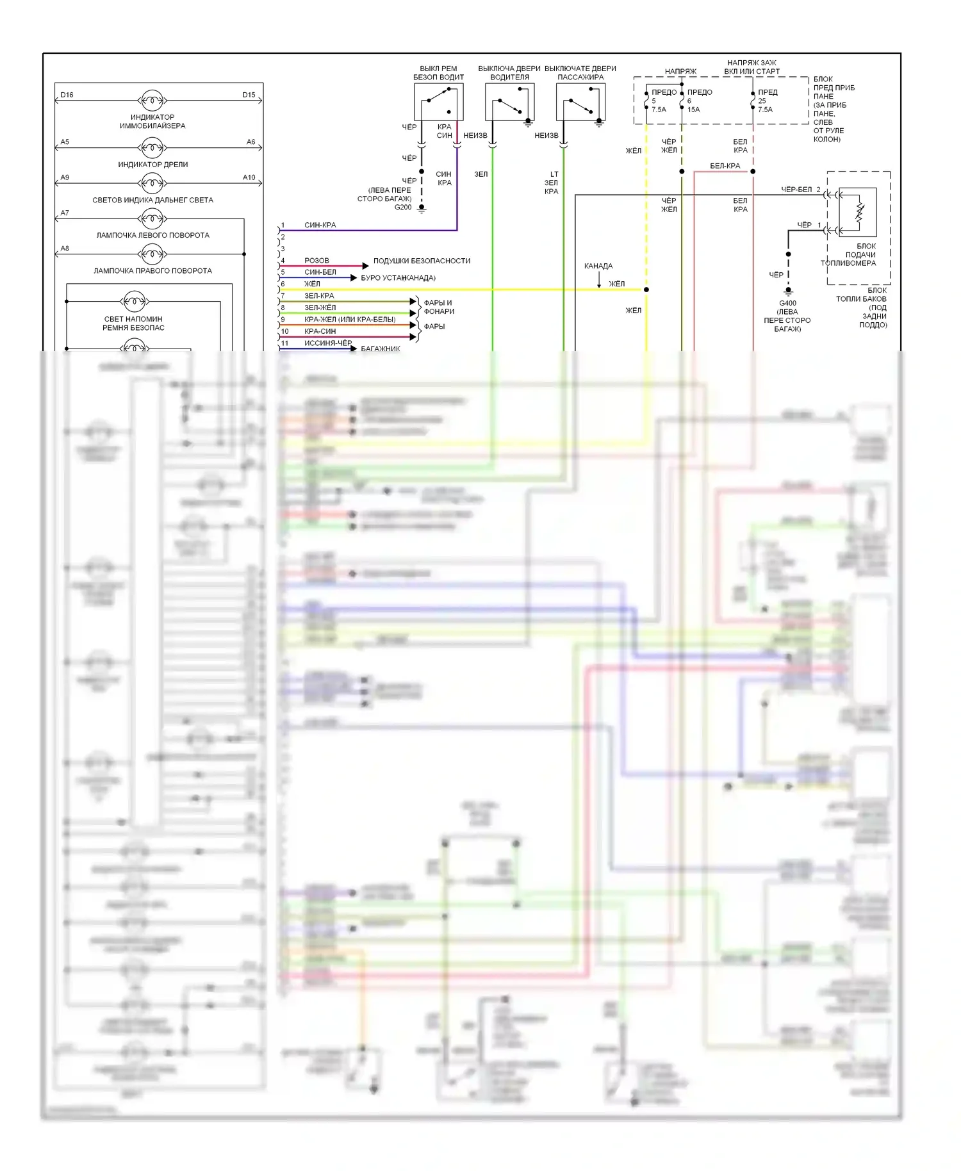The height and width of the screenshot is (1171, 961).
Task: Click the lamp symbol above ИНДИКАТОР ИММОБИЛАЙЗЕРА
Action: pyautogui.click(x=152, y=101)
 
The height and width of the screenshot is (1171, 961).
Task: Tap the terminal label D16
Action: pyautogui.click(x=67, y=95)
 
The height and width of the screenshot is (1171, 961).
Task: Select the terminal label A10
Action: pyautogui.click(x=249, y=177)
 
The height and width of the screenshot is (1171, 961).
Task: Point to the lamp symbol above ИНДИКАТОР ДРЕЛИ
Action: pyautogui.click(x=152, y=148)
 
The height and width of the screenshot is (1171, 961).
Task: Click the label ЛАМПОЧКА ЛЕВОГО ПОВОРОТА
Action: pyautogui.click(x=152, y=235)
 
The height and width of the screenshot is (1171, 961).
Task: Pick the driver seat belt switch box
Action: pyautogui.click(x=438, y=102)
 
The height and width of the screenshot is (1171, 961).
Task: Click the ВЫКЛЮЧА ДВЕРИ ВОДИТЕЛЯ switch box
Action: pyautogui.click(x=509, y=102)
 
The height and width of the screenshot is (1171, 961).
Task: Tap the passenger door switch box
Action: pyautogui.click(x=580, y=102)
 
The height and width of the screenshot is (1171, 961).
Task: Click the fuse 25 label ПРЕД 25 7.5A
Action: pyautogui.click(x=767, y=101)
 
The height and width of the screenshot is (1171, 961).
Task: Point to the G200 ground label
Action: pyautogui.click(x=403, y=207)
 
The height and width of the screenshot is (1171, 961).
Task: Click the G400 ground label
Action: pyautogui.click(x=787, y=303)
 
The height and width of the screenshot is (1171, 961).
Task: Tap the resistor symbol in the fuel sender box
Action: pyautogui.click(x=860, y=210)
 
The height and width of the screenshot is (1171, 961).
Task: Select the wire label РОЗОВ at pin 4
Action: pyautogui.click(x=316, y=261)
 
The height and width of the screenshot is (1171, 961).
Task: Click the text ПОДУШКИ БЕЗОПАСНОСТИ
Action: pyautogui.click(x=422, y=261)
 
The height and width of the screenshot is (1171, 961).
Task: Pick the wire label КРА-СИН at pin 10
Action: pyautogui.click(x=320, y=331)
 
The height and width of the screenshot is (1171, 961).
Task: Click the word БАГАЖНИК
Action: pyautogui.click(x=381, y=348)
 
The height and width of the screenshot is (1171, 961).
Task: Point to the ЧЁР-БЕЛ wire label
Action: pyautogui.click(x=796, y=190)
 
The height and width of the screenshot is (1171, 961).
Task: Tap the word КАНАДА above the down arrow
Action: pyautogui.click(x=598, y=266)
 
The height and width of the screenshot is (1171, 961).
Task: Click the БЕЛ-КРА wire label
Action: pyautogui.click(x=725, y=166)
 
